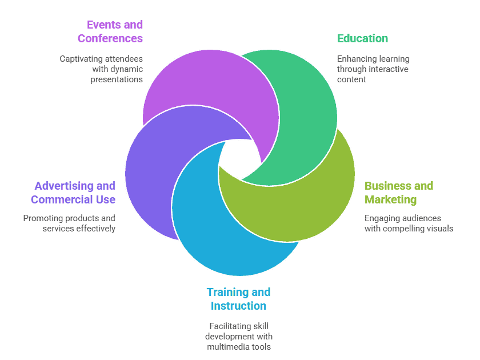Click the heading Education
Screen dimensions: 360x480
point(362,38)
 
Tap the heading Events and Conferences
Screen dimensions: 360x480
point(111,31)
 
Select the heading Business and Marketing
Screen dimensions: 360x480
point(399,193)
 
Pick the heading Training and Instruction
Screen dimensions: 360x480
point(238,299)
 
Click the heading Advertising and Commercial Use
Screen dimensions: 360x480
point(74,193)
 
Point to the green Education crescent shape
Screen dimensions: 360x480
point(309,114)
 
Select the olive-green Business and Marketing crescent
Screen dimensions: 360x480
point(309,206)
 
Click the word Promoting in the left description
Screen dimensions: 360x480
point(42,218)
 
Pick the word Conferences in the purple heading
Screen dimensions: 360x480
point(111,39)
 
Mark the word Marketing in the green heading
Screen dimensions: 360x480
point(391,199)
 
